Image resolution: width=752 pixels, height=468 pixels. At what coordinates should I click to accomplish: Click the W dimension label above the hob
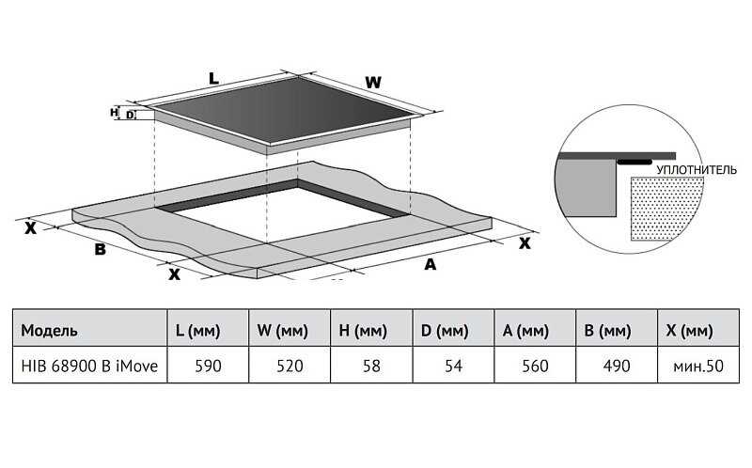click(x=373, y=83)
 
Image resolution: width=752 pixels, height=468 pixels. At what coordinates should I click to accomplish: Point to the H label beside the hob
click(x=114, y=112)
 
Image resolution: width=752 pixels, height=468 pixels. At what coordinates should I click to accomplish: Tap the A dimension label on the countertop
click(x=431, y=264)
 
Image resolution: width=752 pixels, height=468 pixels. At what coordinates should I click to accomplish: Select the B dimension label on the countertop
click(x=99, y=249)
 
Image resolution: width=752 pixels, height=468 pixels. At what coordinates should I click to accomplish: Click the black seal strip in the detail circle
click(x=636, y=163)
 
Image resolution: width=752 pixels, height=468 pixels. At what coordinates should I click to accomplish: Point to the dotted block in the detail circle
click(x=666, y=208)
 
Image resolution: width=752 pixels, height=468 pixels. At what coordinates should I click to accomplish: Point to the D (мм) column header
click(x=444, y=332)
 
